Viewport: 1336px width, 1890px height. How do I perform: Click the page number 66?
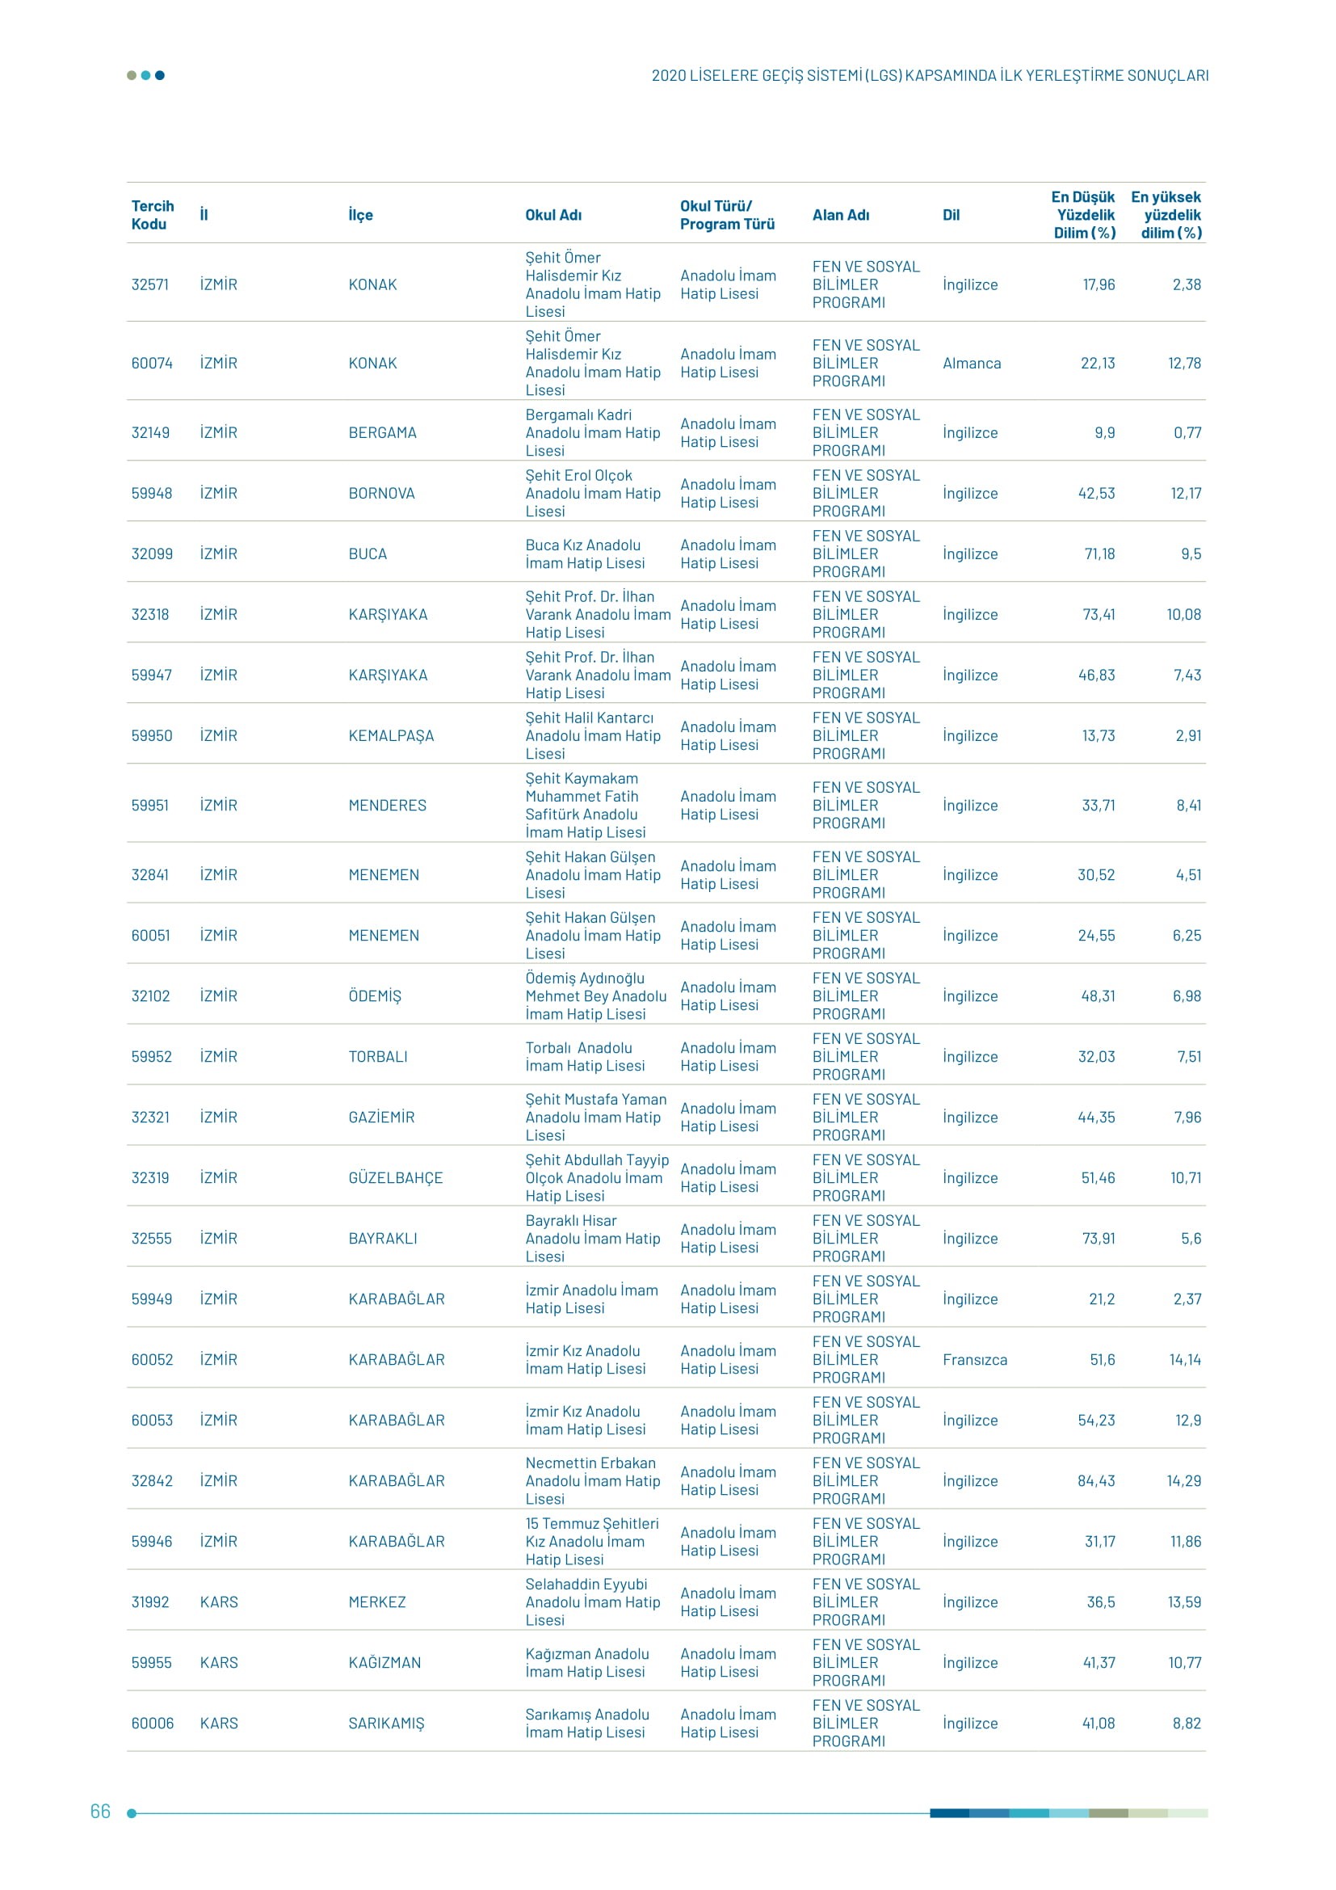(99, 1811)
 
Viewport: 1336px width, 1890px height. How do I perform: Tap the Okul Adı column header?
(552, 215)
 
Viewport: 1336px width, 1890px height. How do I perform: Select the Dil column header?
(951, 215)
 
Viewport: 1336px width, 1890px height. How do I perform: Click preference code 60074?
(152, 363)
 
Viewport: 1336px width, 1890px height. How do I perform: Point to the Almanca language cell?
(972, 363)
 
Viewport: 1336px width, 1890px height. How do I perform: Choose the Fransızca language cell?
(975, 1359)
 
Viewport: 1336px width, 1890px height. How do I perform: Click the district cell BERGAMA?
(383, 432)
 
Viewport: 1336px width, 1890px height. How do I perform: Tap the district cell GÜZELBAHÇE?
(396, 1177)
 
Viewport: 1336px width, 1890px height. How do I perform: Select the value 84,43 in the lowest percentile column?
(1096, 1480)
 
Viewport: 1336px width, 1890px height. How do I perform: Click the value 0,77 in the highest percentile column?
(1187, 432)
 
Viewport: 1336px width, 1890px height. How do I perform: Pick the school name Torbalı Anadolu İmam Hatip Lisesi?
(585, 1056)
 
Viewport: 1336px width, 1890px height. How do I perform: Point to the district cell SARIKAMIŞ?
(387, 1723)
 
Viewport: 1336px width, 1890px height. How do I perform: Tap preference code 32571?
(149, 284)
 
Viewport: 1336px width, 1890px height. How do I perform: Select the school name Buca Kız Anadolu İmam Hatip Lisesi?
(585, 554)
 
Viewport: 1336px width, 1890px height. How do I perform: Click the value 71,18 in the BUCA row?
(1099, 554)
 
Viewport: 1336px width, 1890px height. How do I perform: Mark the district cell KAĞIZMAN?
(384, 1662)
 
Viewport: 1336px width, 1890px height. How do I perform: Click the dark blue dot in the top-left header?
(160, 76)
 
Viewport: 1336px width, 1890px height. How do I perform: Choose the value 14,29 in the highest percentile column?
(1184, 1480)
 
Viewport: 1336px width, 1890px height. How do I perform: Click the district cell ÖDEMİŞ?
(375, 996)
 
